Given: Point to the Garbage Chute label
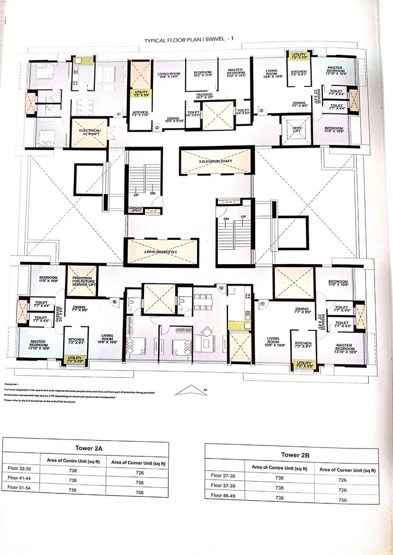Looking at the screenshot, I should click(x=137, y=210).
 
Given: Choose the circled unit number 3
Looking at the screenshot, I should click(x=261, y=111).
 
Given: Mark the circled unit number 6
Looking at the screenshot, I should click(x=114, y=301).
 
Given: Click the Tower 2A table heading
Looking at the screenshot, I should click(x=85, y=446).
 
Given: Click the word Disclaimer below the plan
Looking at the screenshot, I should click(x=12, y=385).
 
